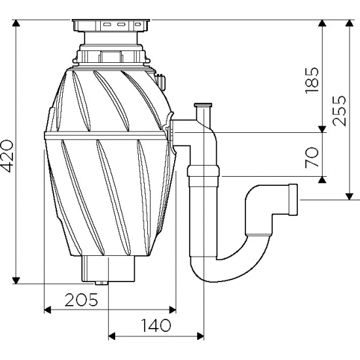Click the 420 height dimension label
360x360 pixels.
tap(7, 156)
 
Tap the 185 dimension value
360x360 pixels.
tap(312, 80)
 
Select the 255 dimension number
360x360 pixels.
tap(339, 111)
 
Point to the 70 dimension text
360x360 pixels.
tap(312, 157)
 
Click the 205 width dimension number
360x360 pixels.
tap(81, 300)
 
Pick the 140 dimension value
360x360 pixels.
tap(156, 325)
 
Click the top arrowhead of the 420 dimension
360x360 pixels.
tap(16, 23)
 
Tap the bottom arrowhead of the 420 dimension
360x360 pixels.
tap(16, 280)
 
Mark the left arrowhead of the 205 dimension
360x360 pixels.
tap(47, 310)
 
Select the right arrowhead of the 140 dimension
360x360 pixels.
tap(200, 336)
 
